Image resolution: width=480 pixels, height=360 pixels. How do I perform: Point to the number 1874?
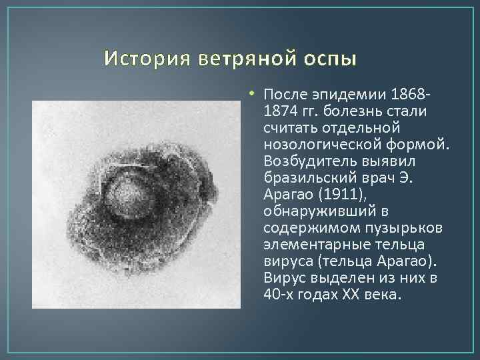coord(280,109)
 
